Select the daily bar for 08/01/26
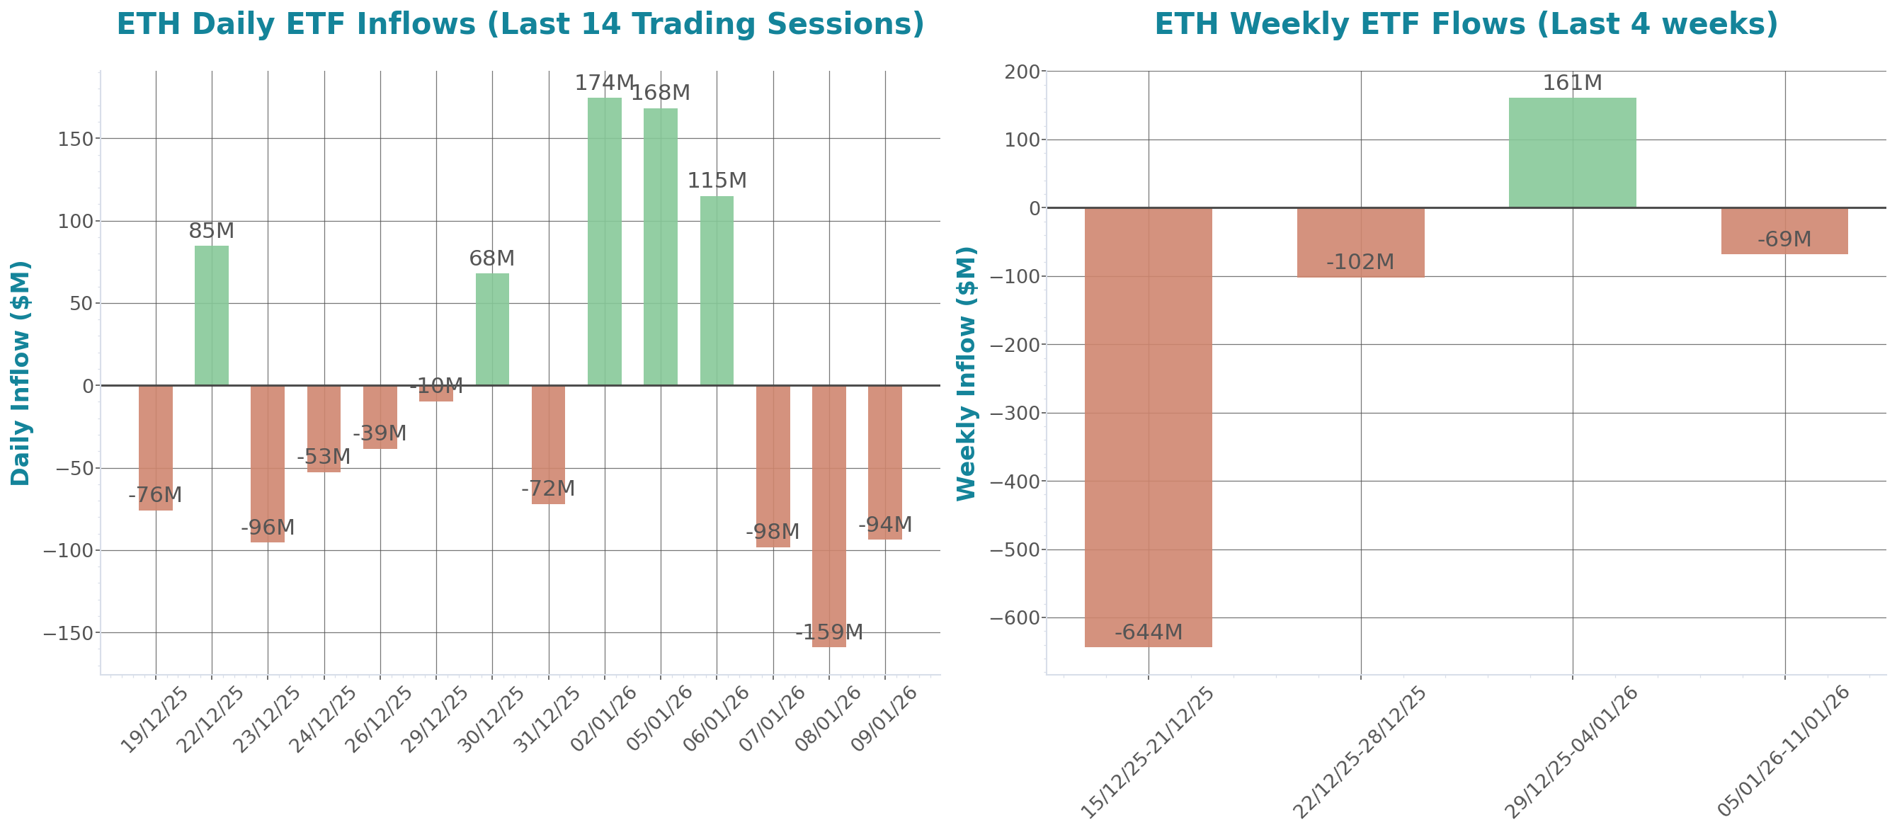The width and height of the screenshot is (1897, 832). [828, 515]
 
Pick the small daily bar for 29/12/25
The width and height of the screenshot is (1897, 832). [436, 394]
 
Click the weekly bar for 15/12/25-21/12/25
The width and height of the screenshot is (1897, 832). [1148, 427]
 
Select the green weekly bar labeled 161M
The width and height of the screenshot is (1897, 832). [1572, 152]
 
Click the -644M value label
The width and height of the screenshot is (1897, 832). [1148, 632]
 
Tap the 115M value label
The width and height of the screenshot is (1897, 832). [717, 181]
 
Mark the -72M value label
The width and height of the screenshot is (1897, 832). [548, 489]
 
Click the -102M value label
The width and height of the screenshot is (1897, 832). [1360, 262]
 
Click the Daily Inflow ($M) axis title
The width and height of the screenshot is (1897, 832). [21, 372]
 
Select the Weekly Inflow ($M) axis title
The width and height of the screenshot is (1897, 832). [966, 372]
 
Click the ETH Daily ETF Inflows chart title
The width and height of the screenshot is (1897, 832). [520, 24]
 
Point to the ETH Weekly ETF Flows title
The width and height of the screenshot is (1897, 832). [1466, 24]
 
